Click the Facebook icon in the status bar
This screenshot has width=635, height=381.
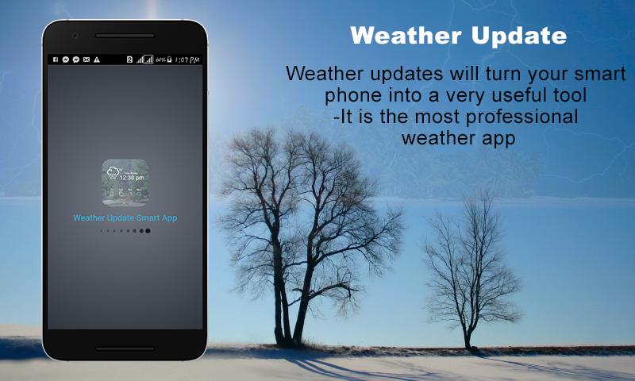point(56,60)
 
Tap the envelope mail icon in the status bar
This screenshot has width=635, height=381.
point(86,60)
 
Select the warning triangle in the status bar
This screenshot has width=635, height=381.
point(96,60)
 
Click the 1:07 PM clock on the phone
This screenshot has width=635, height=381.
point(187,60)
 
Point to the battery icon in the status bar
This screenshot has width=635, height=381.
point(168,60)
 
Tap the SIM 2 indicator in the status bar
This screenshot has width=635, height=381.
point(129,60)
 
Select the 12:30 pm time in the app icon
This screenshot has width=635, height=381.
point(133,178)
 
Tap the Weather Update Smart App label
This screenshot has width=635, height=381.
point(125,217)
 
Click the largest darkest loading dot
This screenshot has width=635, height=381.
point(148,230)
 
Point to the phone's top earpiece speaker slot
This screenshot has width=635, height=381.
point(125,36)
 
